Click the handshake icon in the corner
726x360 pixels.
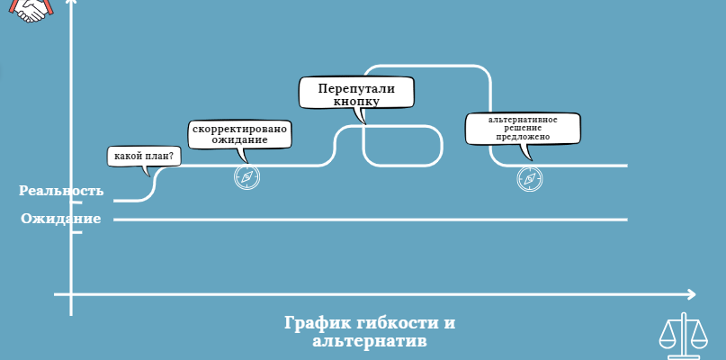31,11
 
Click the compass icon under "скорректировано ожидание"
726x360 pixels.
246,177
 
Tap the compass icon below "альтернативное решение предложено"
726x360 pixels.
530,179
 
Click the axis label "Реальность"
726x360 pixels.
61,191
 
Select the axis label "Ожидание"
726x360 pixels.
60,218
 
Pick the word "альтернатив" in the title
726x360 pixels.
370,341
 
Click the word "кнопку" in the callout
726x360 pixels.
356,102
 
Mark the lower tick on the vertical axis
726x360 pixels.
76,232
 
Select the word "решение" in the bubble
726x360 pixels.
523,129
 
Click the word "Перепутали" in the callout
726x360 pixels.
356,89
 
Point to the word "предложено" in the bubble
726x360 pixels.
523,137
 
